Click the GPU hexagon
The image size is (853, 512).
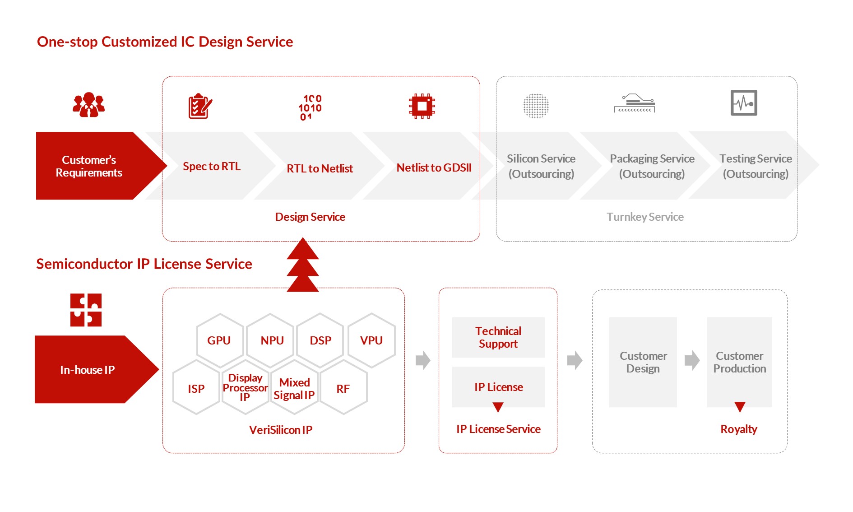[219, 340]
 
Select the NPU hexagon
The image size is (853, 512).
[272, 340]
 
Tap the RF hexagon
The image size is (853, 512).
[343, 388]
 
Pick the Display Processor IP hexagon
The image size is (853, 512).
[245, 387]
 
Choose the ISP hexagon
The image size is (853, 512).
[196, 388]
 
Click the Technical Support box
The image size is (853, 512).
[498, 337]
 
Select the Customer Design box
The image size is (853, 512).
[643, 362]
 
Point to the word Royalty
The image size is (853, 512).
[738, 429]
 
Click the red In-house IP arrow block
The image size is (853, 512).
[88, 369]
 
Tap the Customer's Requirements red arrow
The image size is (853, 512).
[89, 166]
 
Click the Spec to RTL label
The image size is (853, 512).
[212, 167]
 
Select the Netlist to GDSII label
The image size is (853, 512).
[434, 168]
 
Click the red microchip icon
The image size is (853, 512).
[422, 106]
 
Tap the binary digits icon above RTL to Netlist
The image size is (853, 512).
[310, 107]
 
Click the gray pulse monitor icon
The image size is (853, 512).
[743, 103]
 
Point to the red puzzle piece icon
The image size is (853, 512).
[86, 310]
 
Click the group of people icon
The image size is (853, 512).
[88, 105]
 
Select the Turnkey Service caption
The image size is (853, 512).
[645, 217]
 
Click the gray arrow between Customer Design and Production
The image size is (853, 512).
[692, 360]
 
